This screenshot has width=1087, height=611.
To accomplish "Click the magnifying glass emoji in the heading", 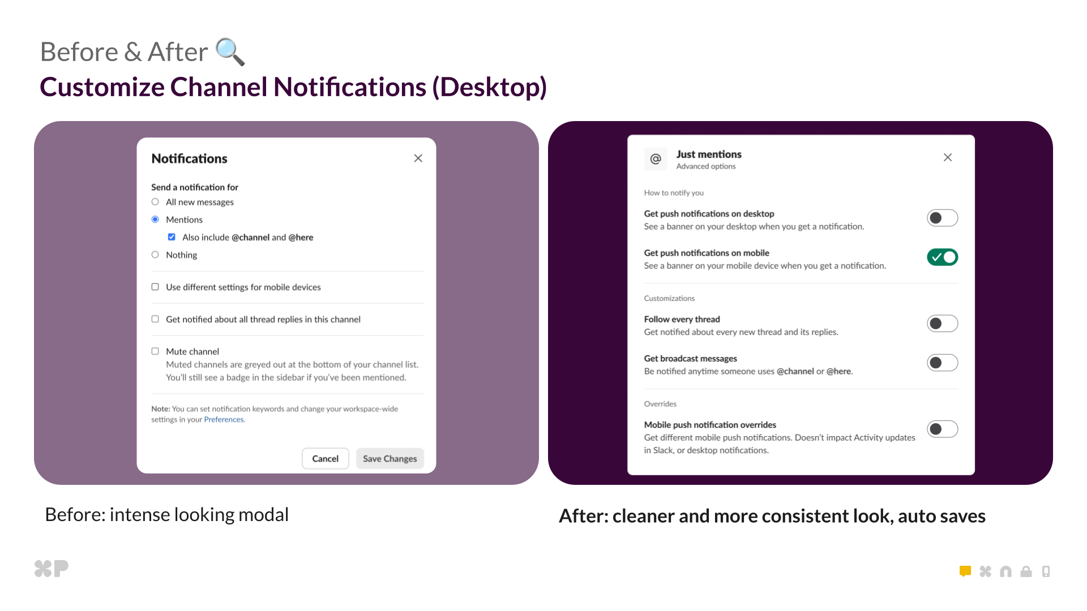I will point(230,52).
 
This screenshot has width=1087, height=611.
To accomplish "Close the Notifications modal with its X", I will point(418,158).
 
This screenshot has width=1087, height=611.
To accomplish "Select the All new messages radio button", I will point(155,202).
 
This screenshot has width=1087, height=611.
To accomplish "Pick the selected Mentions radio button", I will point(155,220).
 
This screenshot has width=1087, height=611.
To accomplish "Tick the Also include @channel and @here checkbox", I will point(172,237).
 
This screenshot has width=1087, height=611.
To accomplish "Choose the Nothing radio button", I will point(155,255).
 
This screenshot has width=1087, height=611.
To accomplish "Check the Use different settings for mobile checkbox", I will point(155,287).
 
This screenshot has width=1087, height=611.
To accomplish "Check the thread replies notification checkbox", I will point(155,319).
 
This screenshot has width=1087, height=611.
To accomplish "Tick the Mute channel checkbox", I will point(155,351).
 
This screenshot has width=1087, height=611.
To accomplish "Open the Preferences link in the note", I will point(224,420).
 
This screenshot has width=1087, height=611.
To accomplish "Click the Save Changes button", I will point(390,459).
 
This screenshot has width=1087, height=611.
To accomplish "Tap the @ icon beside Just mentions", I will point(656,159).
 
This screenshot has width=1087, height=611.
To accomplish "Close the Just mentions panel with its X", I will point(948,157).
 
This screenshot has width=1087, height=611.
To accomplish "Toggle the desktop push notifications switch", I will point(942,218).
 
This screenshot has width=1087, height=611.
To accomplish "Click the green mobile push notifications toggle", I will point(942,257).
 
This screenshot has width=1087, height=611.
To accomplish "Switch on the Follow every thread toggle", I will point(942,324).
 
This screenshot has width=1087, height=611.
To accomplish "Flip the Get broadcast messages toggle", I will point(942,363).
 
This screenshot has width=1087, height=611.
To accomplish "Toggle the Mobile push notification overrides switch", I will point(942,429).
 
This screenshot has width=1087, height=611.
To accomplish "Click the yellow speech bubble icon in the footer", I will point(965,571).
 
